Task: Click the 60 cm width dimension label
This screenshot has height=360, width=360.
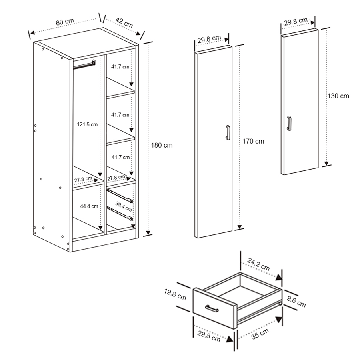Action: click(x=65, y=22)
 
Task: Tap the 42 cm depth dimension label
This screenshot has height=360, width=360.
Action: click(x=124, y=22)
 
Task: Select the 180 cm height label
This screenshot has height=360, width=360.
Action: click(x=162, y=145)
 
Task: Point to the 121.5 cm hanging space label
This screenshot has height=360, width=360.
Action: click(x=87, y=124)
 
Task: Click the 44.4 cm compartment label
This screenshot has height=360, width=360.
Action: click(x=89, y=206)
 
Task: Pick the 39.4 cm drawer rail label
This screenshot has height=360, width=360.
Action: click(x=124, y=206)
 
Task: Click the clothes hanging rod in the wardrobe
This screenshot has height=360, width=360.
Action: click(x=84, y=65)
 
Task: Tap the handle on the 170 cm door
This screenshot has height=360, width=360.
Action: click(x=228, y=132)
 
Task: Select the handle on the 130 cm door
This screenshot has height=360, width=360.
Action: click(x=289, y=123)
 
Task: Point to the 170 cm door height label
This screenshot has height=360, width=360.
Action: click(x=253, y=141)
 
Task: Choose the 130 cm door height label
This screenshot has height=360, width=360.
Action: click(x=338, y=96)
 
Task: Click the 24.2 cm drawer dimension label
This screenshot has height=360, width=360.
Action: click(x=258, y=264)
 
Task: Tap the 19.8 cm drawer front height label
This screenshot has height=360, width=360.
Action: click(x=175, y=294)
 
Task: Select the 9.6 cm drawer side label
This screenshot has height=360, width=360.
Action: click(x=296, y=302)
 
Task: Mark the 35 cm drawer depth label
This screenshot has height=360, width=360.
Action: click(x=260, y=334)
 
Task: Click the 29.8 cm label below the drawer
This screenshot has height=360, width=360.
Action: click(x=209, y=336)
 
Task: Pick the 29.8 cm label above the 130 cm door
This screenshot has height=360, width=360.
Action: click(x=296, y=21)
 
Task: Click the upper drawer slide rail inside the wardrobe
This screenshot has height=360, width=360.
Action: click(x=120, y=196)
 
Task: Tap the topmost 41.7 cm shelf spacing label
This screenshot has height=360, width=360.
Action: click(x=120, y=67)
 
